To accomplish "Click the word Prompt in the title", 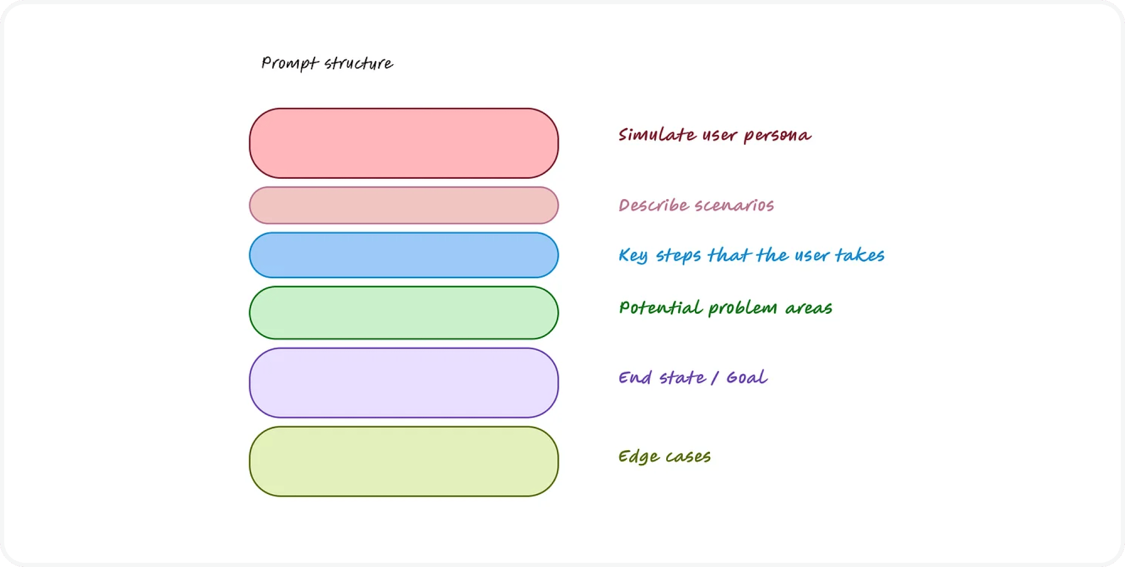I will [x=289, y=64].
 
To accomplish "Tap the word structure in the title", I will [x=359, y=64].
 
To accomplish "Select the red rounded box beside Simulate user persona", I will [x=403, y=143].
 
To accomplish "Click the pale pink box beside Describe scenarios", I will [x=403, y=205].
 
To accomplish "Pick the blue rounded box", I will [x=403, y=255].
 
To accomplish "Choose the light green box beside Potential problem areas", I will [x=403, y=313].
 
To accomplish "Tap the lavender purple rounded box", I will [x=403, y=383].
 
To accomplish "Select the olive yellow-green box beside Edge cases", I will [x=403, y=462].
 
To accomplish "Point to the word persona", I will [x=777, y=136].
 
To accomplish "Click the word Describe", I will [x=654, y=205].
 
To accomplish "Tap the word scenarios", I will [x=735, y=205].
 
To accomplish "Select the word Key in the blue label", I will [x=633, y=256].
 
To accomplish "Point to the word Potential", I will [x=661, y=308].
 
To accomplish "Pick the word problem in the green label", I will [x=743, y=309].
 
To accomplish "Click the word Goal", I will [x=747, y=377].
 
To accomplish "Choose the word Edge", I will [x=639, y=457].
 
